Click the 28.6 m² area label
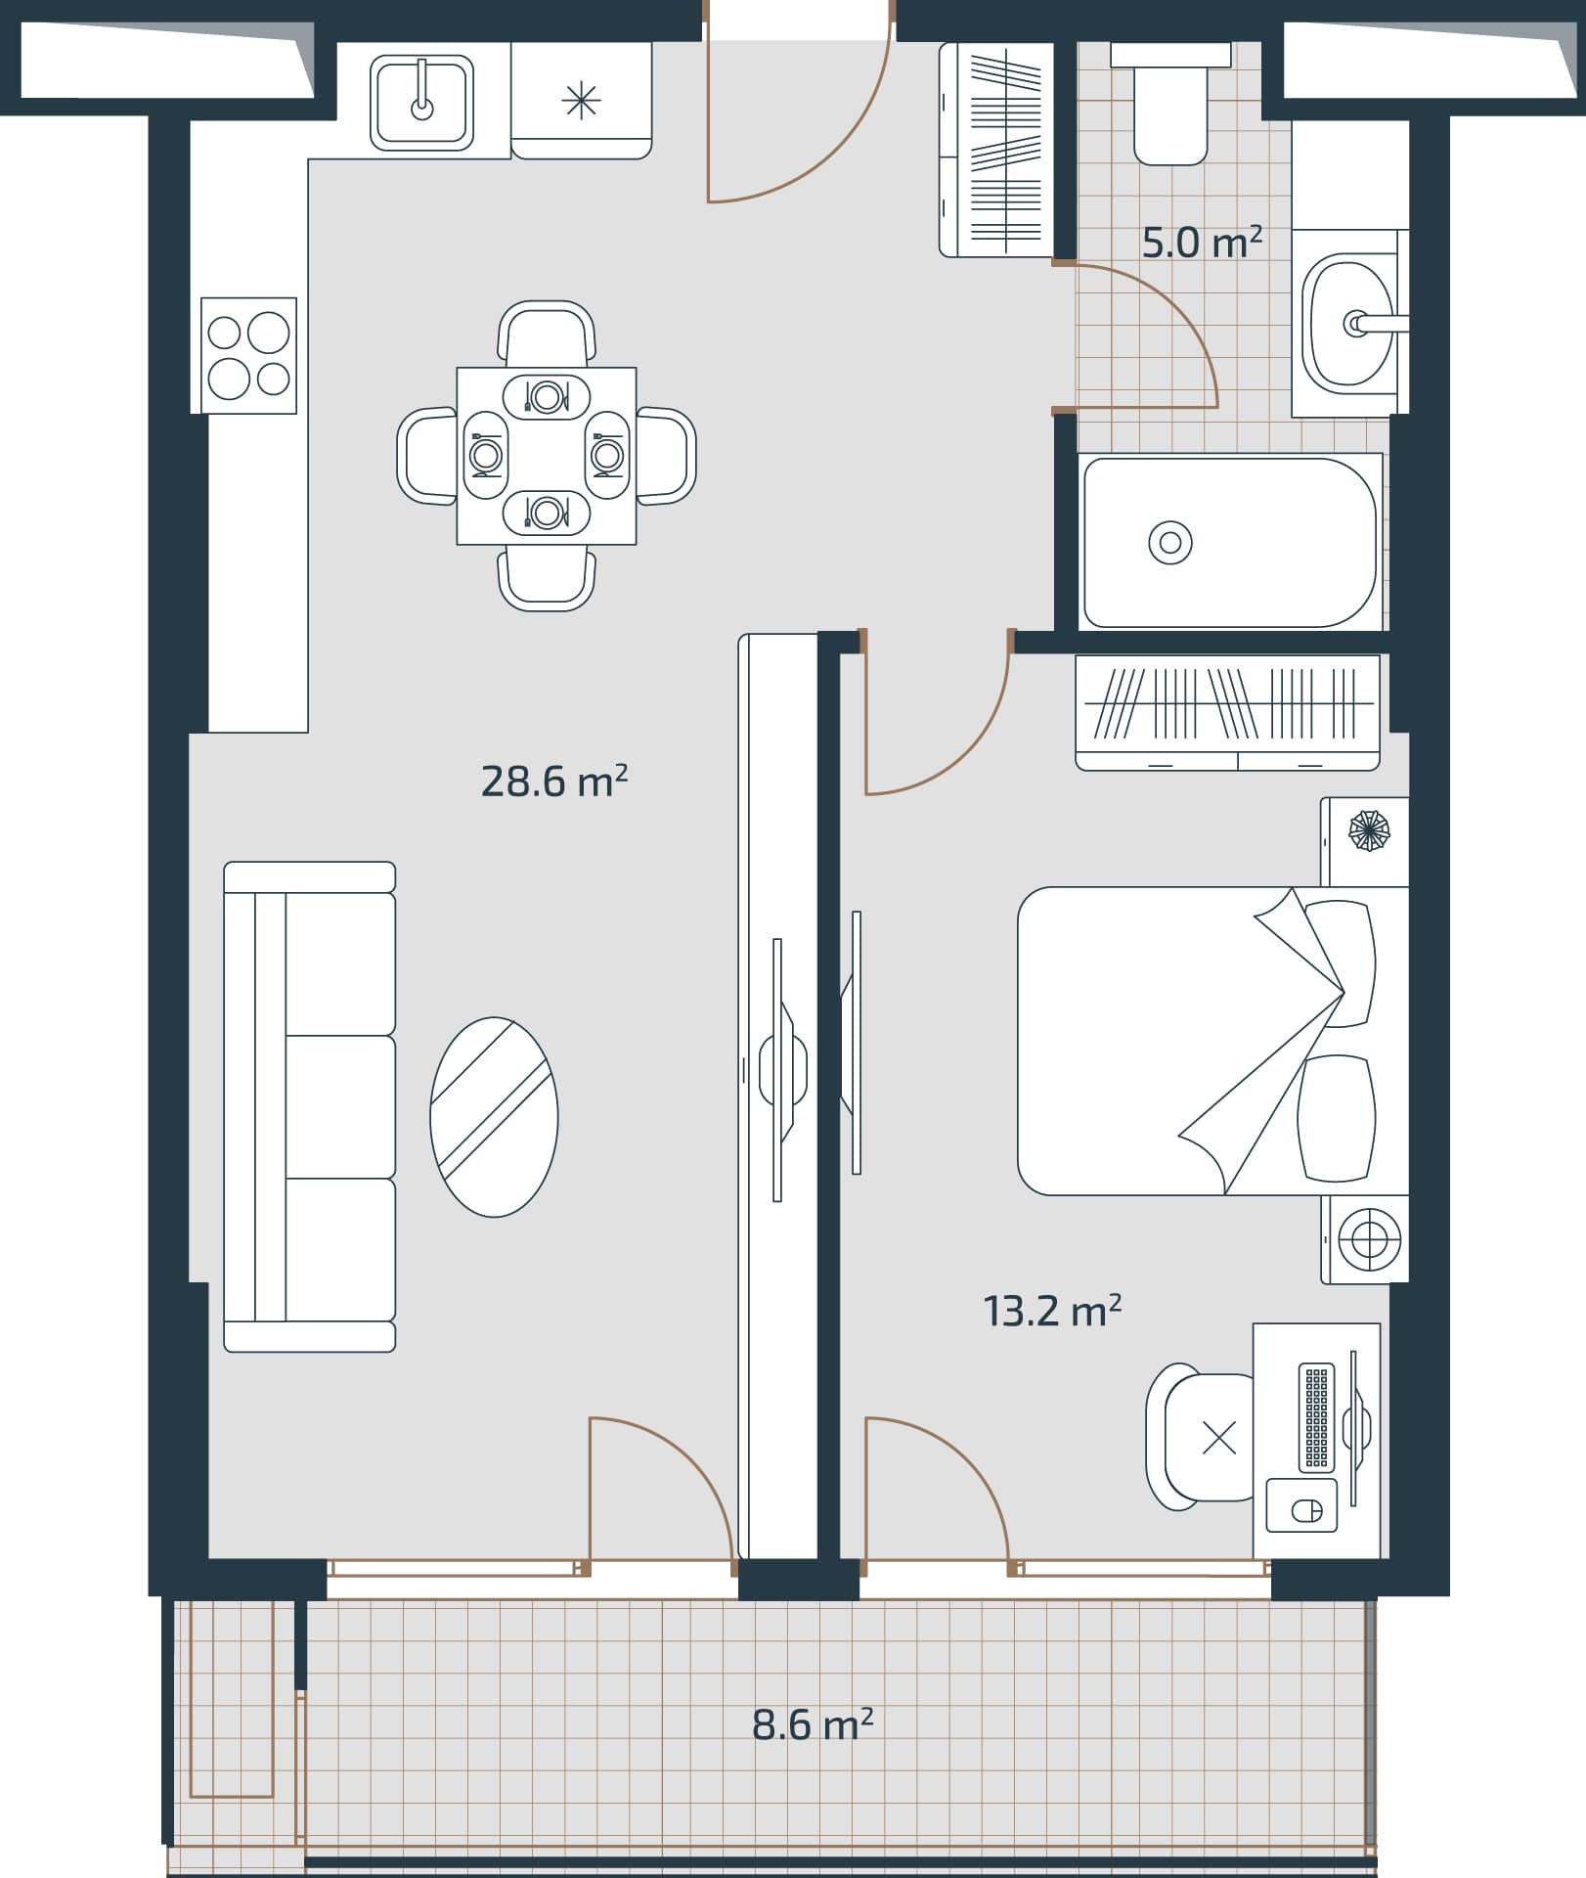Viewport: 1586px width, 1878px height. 553,782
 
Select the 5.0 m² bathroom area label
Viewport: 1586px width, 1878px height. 1201,242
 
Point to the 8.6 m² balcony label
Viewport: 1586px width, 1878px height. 812,1724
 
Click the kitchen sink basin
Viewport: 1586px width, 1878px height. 421,102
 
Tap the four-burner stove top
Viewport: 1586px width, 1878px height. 248,356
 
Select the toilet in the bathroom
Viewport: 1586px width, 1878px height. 1169,108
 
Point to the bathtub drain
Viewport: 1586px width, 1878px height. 1169,542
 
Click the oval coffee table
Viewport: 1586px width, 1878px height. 494,1117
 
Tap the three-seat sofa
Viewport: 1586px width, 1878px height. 309,1107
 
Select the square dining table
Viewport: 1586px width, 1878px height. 547,456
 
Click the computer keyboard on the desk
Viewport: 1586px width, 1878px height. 1316,1417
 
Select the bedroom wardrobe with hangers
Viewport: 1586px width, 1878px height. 1227,711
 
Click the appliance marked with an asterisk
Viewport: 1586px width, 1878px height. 581,101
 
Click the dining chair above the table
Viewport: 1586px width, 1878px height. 547,333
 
